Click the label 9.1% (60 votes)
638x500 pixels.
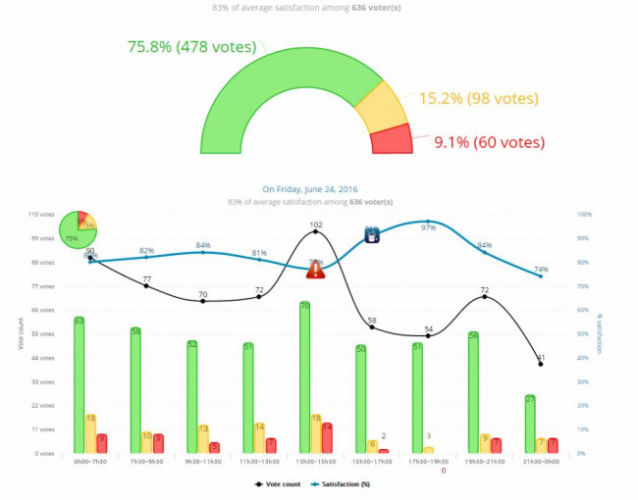[x=489, y=142]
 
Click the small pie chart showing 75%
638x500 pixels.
[x=78, y=229]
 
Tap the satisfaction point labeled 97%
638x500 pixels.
[x=428, y=222]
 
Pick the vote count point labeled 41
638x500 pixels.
[x=540, y=364]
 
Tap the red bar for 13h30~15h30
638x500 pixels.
[x=327, y=438]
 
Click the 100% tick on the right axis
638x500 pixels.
[x=584, y=214]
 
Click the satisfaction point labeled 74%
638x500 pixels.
[x=540, y=275]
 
